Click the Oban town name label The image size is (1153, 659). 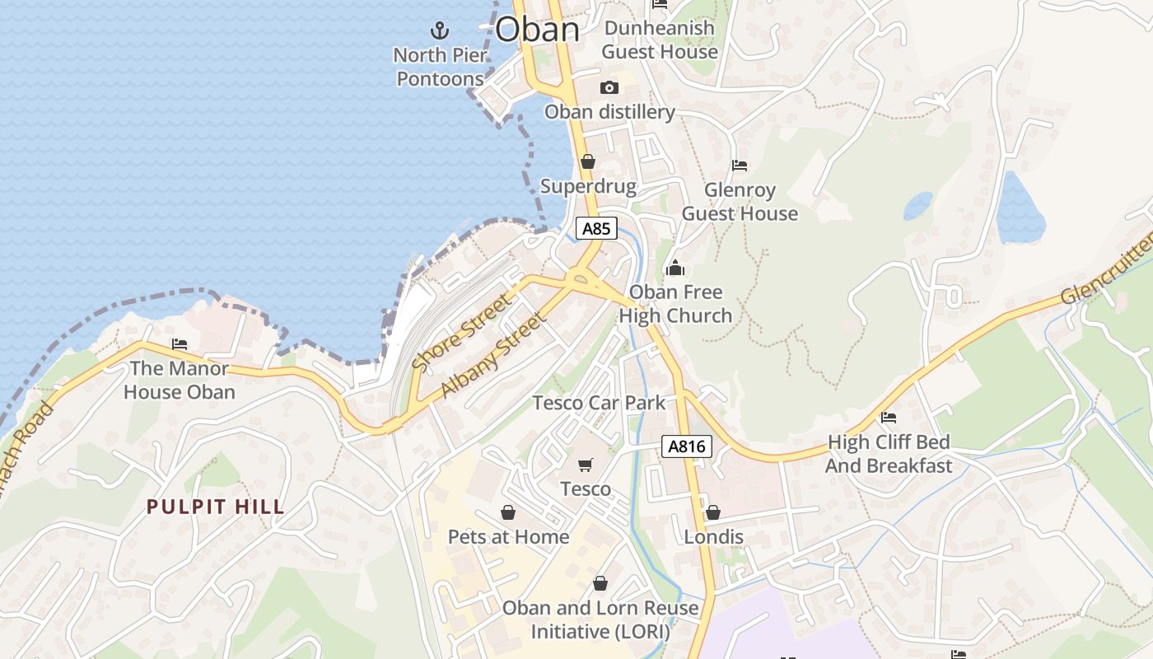click(x=537, y=30)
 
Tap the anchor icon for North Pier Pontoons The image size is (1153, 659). click(x=441, y=31)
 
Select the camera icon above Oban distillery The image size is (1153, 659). click(x=609, y=87)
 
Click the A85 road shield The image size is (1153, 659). click(x=595, y=228)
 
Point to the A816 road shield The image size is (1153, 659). click(x=686, y=446)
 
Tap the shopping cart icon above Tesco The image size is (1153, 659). click(x=586, y=465)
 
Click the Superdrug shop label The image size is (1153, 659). click(x=588, y=186)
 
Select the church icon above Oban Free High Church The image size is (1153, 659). click(x=675, y=268)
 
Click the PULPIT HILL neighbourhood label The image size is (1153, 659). click(x=216, y=507)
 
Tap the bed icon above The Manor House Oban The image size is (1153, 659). click(x=180, y=344)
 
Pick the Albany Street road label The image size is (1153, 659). click(x=493, y=355)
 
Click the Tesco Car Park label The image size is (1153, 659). click(x=599, y=403)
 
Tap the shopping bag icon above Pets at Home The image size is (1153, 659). click(x=508, y=512)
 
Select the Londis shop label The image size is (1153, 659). click(x=714, y=537)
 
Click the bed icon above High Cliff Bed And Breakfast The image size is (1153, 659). click(x=889, y=418)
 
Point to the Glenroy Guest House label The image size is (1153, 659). click(x=740, y=202)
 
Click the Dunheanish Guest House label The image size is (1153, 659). click(x=659, y=40)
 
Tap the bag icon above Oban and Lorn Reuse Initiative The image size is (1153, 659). click(x=600, y=583)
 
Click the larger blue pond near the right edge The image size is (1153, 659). click(x=1020, y=210)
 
